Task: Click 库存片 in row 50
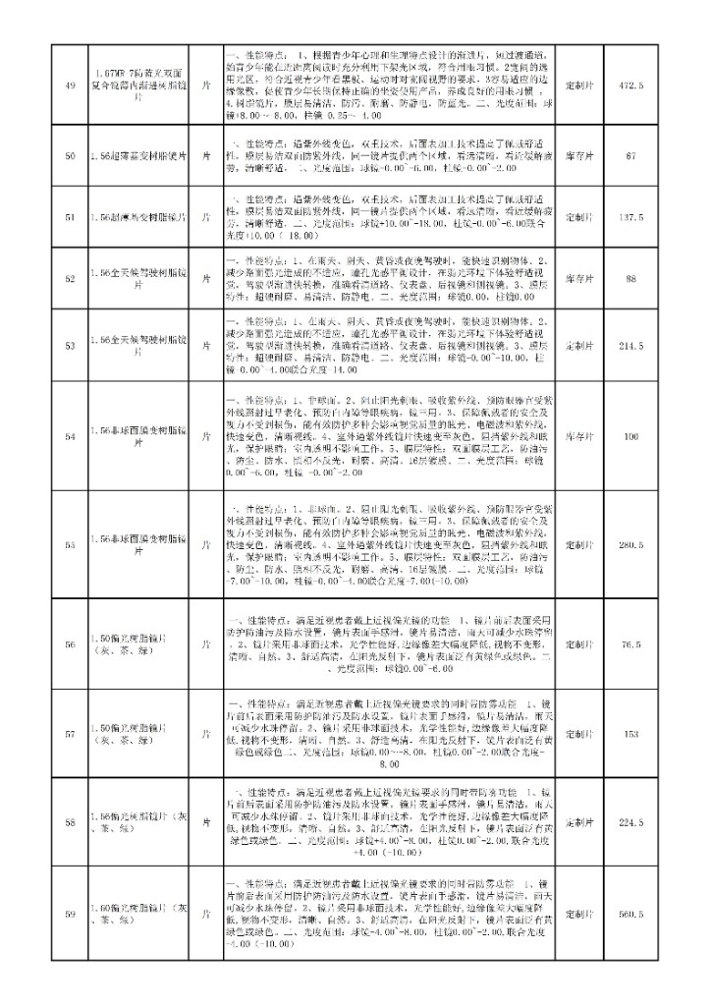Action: (x=581, y=155)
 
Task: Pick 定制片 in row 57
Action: (x=581, y=733)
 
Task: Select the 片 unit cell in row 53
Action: (x=206, y=346)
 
